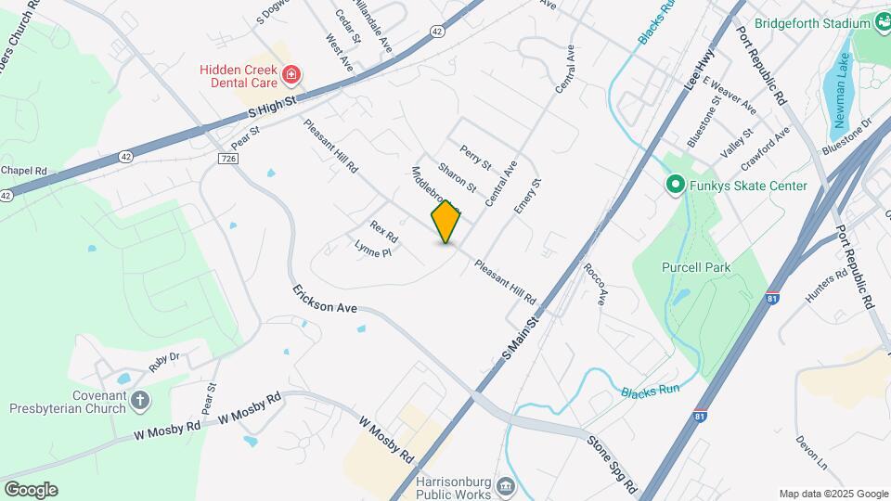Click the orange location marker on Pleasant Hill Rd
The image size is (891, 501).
(446, 222)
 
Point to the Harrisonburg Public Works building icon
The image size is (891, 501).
(506, 487)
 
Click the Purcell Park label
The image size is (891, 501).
(696, 267)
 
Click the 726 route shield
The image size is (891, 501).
(229, 159)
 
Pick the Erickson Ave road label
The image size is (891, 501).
(325, 298)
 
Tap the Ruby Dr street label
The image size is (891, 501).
(162, 360)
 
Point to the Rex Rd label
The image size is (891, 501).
(383, 228)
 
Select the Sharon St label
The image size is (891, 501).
(457, 177)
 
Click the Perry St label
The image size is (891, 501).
(476, 157)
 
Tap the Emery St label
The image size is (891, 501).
(526, 196)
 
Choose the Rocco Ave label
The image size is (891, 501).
(594, 284)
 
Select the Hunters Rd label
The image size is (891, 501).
(827, 287)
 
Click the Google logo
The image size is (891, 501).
(30, 490)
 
